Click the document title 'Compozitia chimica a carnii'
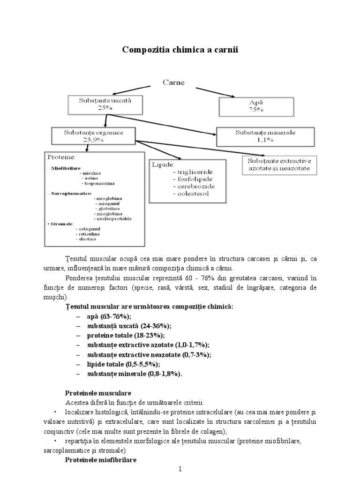(x=180, y=50)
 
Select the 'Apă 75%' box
(x=256, y=105)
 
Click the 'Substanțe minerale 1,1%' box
(x=265, y=136)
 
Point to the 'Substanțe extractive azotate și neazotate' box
(x=279, y=164)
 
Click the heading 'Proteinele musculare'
(x=97, y=392)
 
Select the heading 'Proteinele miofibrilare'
(x=100, y=460)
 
